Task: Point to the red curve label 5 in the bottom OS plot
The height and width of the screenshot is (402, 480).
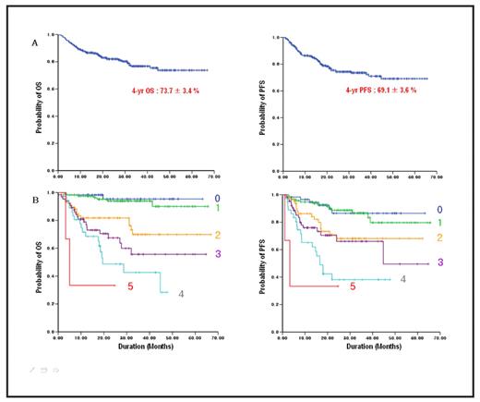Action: pos(127,286)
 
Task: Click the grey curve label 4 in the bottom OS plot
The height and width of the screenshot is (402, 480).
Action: pos(180,294)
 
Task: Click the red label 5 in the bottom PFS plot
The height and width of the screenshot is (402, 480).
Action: pos(352,287)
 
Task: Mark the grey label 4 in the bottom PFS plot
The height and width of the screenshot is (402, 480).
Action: pos(402,277)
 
